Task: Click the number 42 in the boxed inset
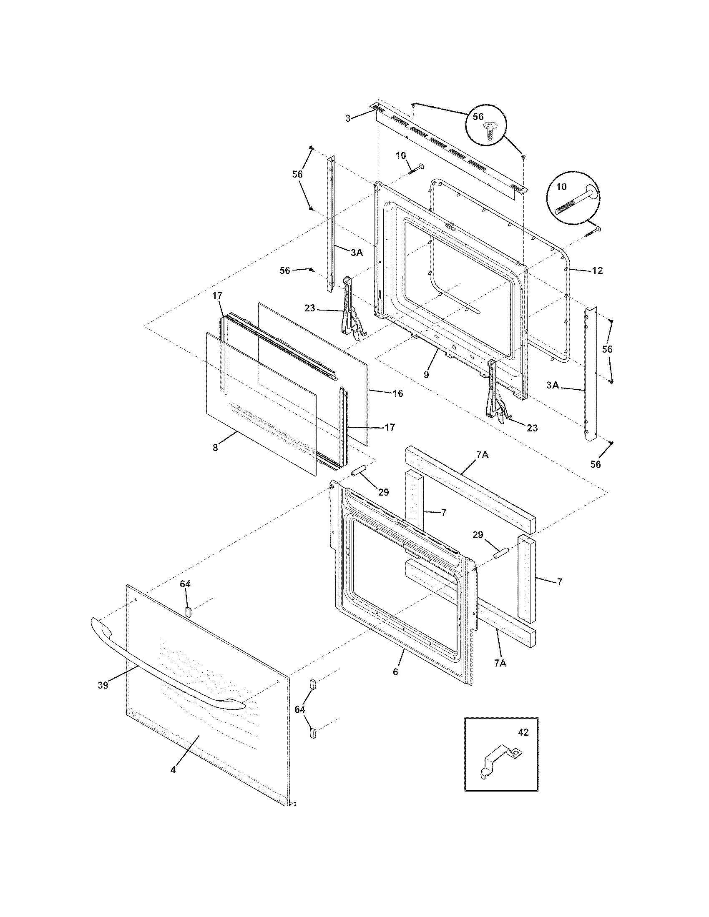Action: [523, 732]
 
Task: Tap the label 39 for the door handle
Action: [103, 685]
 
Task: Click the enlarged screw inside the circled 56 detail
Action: [488, 130]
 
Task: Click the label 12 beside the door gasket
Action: [597, 271]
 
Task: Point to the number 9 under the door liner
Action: [426, 375]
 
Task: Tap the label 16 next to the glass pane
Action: [398, 393]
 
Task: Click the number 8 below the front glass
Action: [215, 448]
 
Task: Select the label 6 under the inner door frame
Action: [395, 671]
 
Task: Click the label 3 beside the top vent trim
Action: [348, 118]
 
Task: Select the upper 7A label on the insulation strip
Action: [482, 454]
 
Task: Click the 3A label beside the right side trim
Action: [553, 385]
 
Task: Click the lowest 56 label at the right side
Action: [596, 464]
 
